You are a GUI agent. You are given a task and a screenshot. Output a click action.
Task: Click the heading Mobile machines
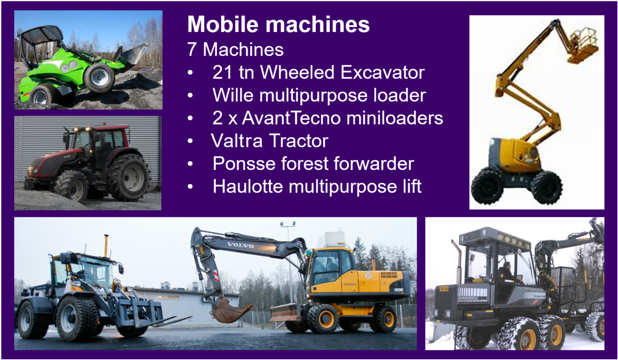coord(278,25)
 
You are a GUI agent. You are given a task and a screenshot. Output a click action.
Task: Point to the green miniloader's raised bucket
coord(133,54)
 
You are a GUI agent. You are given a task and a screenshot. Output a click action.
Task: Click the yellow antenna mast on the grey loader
coord(106,245)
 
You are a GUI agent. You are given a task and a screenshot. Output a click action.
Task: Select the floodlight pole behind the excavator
coord(288,256)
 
